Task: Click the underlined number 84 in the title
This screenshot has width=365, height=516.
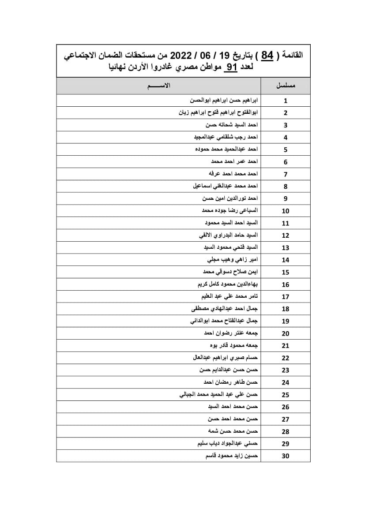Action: [268, 56]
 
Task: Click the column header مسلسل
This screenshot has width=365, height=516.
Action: [285, 86]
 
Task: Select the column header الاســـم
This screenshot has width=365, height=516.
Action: [159, 86]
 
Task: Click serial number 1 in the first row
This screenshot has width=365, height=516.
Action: [286, 100]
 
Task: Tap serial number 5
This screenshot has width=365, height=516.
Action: [286, 150]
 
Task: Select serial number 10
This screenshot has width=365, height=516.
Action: [286, 211]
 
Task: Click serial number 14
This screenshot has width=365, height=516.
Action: [286, 260]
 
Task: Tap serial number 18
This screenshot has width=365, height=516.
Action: [286, 309]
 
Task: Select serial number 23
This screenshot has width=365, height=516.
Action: [286, 370]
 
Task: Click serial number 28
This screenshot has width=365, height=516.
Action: [286, 431]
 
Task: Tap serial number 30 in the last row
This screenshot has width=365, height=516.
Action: [286, 456]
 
